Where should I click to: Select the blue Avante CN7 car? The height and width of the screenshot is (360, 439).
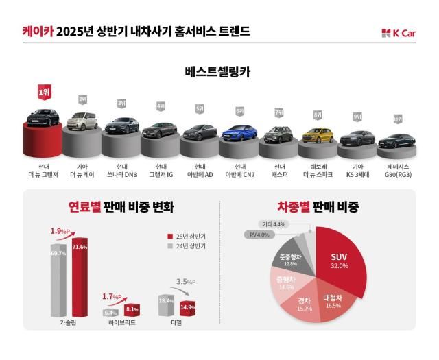point(239,132)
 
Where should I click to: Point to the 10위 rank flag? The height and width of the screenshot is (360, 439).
point(397,117)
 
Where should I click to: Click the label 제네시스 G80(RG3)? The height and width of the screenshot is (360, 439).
point(396,170)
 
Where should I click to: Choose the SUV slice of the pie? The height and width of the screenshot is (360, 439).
point(341,261)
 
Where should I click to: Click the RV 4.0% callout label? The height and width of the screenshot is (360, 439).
point(258,235)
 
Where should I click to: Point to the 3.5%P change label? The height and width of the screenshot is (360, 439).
point(187,281)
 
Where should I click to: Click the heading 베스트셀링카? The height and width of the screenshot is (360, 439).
point(219,72)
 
